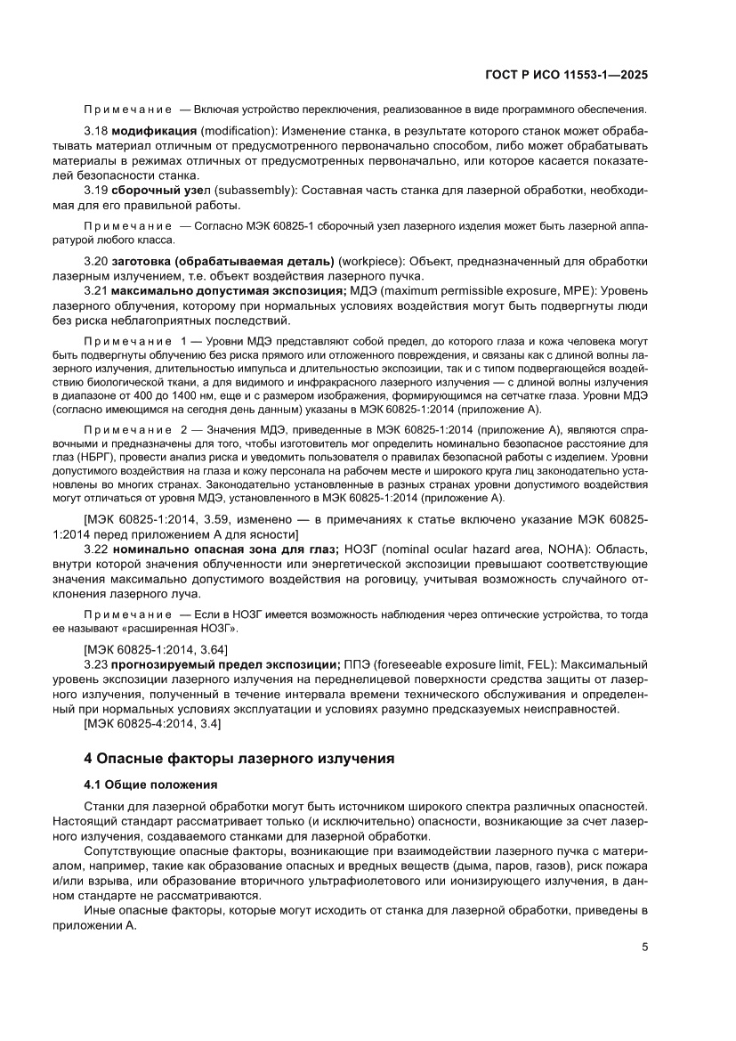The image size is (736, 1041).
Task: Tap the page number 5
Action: tap(643, 947)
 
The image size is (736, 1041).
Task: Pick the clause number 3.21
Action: tap(96, 289)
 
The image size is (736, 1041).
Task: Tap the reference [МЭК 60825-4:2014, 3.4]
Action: tap(152, 723)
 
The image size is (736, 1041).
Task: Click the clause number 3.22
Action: tap(96, 551)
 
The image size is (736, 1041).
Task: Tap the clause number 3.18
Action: tap(96, 132)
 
